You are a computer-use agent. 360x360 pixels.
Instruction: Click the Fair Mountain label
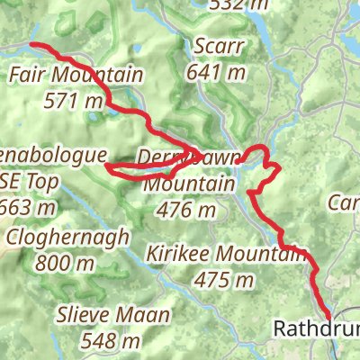coord(76,76)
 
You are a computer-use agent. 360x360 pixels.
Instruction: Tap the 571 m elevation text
coord(73,102)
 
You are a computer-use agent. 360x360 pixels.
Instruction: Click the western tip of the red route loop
coord(107,166)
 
